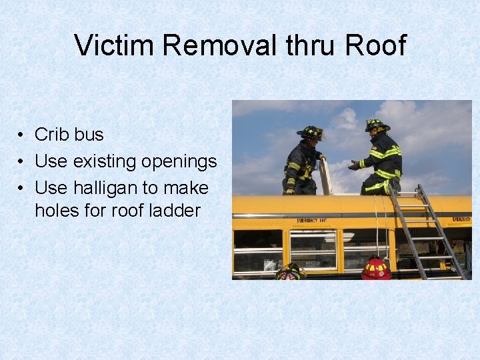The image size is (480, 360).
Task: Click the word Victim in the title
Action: (x=115, y=45)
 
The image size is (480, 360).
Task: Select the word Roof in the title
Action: (x=375, y=45)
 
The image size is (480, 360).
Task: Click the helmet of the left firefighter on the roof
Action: (x=310, y=132)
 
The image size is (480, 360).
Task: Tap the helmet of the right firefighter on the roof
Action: (x=377, y=125)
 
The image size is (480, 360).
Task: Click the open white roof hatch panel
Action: (x=326, y=177)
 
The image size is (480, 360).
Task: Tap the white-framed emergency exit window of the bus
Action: (x=313, y=249)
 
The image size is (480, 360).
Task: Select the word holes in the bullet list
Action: (x=56, y=211)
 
